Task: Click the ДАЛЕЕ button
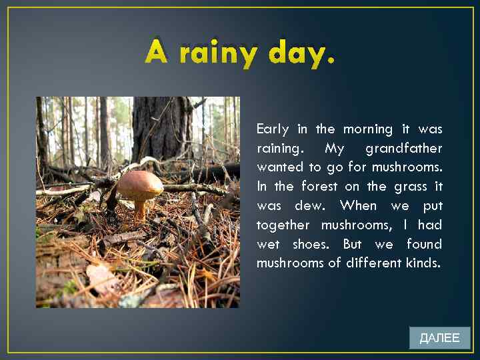pos(439,338)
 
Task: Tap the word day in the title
pos(299,53)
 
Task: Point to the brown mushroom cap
pos(139,183)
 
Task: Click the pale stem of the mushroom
pos(141,210)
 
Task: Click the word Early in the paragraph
pos(273,129)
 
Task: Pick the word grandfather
pos(403,148)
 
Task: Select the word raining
pos(278,148)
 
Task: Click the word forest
pos(319,186)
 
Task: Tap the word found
pos(424,244)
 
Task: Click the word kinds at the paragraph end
pos(423,263)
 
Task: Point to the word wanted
pos(279,167)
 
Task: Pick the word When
pos(359,205)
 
